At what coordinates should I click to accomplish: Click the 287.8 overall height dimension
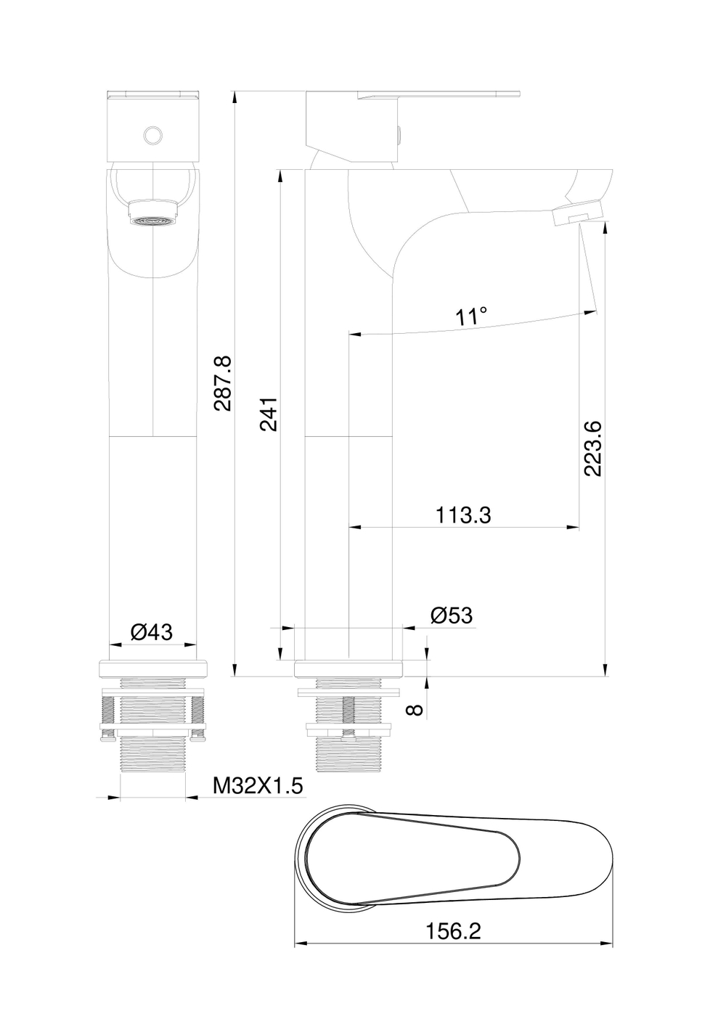pyautogui.click(x=222, y=383)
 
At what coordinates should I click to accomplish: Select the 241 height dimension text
pyautogui.click(x=269, y=414)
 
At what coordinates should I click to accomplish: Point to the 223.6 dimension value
pyautogui.click(x=593, y=448)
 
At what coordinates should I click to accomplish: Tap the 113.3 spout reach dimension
pyautogui.click(x=463, y=515)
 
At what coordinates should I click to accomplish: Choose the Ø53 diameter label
pyautogui.click(x=451, y=616)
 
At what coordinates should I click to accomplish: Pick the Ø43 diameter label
pyautogui.click(x=152, y=632)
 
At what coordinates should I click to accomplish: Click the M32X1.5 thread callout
pyautogui.click(x=257, y=786)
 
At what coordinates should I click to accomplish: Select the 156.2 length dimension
pyautogui.click(x=454, y=931)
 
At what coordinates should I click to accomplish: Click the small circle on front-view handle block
pyautogui.click(x=152, y=136)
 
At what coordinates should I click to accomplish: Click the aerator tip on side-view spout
pyautogui.click(x=578, y=215)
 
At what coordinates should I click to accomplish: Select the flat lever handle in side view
pyautogui.click(x=443, y=94)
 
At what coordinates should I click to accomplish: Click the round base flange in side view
pyautogui.click(x=348, y=668)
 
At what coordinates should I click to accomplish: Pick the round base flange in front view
pyautogui.click(x=152, y=668)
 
